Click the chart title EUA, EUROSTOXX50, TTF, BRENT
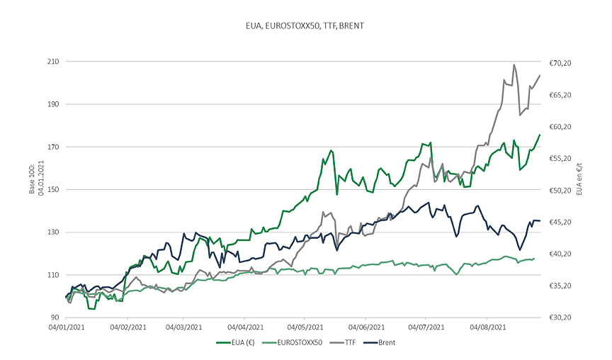click(x=306, y=26)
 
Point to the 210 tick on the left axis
click(x=52, y=62)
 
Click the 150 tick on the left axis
click(x=52, y=189)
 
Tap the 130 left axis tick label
click(x=52, y=232)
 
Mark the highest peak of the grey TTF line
click(x=514, y=64)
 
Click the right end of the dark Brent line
click(x=540, y=221)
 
